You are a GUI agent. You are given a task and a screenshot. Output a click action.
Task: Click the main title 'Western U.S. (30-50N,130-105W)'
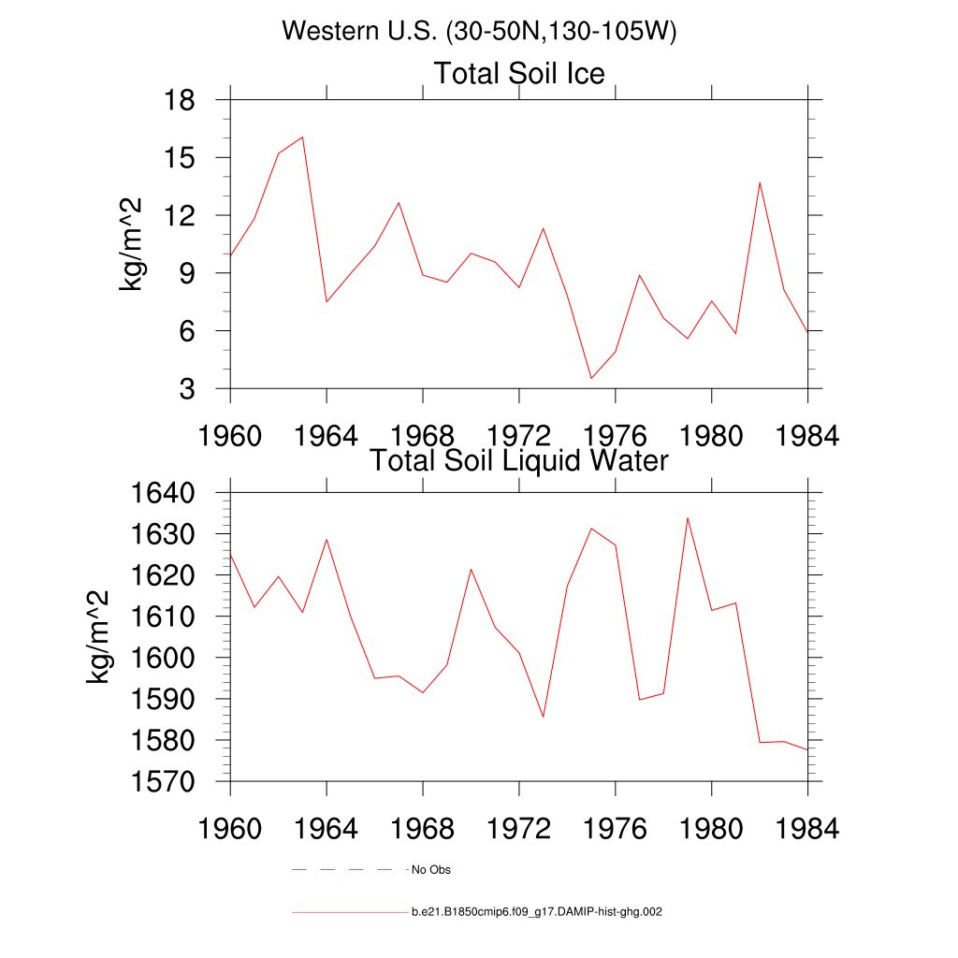(479, 31)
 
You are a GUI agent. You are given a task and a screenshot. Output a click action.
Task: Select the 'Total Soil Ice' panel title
(519, 73)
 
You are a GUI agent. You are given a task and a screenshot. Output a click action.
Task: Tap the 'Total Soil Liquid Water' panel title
(519, 460)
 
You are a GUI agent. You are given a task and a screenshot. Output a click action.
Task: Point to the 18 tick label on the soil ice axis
(179, 99)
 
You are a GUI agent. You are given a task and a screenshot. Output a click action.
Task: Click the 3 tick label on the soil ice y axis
(187, 388)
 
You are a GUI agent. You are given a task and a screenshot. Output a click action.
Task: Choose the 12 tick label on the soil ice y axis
(179, 215)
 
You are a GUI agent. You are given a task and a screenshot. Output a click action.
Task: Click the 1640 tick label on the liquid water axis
(163, 492)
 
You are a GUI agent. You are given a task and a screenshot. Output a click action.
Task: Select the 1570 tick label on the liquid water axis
(163, 781)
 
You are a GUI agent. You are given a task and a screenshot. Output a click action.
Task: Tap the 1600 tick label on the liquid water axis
(163, 658)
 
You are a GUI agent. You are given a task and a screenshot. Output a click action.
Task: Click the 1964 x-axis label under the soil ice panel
(327, 436)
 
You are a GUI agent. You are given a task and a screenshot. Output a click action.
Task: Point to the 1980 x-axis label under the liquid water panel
(711, 829)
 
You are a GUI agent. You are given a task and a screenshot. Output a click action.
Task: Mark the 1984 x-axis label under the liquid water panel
(807, 829)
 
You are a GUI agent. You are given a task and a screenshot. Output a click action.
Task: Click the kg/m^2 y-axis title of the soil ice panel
(130, 244)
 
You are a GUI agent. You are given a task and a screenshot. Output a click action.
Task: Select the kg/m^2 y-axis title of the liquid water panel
(97, 637)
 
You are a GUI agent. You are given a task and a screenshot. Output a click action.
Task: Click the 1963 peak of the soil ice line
(302, 137)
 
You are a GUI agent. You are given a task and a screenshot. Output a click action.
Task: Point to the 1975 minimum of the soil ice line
(591, 378)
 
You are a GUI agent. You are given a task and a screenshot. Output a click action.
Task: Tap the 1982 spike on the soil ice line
(760, 182)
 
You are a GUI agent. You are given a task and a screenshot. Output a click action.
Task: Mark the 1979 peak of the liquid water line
(688, 518)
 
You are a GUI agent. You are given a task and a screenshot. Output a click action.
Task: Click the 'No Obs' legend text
(430, 870)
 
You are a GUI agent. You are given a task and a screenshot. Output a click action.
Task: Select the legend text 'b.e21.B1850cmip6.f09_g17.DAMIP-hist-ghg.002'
(536, 912)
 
